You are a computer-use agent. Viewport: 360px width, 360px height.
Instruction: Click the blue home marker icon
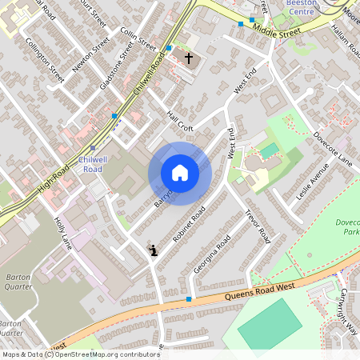(x=180, y=173)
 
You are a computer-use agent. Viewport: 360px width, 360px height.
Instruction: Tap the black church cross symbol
(x=190, y=58)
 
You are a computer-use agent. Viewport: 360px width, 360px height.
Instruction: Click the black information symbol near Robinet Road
(x=154, y=250)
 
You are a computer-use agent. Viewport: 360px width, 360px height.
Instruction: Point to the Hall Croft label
(x=180, y=120)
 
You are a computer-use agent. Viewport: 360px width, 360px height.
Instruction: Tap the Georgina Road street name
(x=212, y=255)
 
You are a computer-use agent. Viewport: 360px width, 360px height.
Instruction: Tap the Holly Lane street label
(x=63, y=233)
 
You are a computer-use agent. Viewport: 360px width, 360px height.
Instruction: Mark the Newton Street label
(x=90, y=55)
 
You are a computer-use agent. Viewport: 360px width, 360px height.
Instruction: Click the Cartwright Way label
(x=349, y=307)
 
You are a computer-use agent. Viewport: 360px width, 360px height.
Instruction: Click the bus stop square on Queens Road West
(x=189, y=299)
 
